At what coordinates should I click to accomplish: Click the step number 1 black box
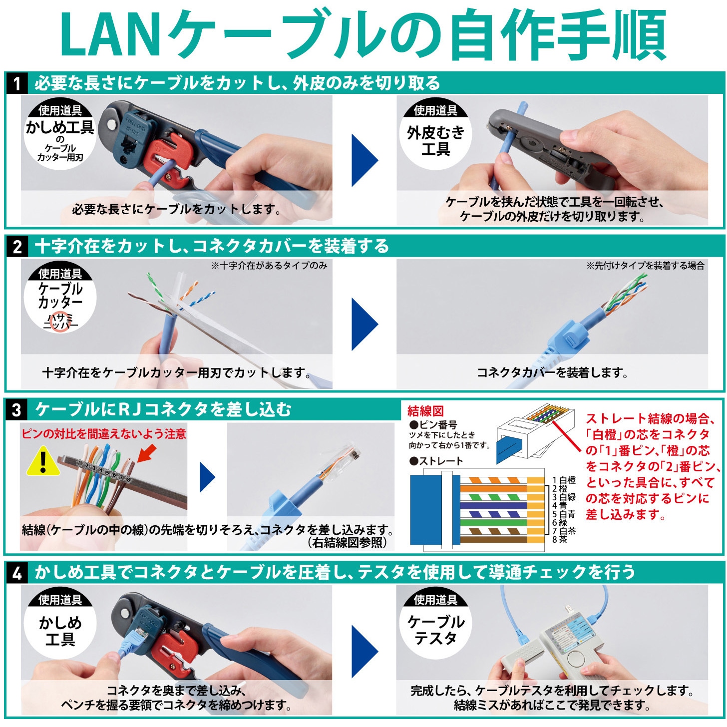click(x=17, y=83)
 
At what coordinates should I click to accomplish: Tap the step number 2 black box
click(x=17, y=247)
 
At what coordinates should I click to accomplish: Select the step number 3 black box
click(x=17, y=410)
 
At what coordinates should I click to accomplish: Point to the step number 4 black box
click(x=17, y=573)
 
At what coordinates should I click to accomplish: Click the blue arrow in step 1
click(x=364, y=160)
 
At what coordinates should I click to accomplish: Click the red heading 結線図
click(x=425, y=411)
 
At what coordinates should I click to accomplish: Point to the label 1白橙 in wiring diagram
click(x=564, y=480)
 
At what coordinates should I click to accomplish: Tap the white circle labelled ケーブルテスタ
click(x=435, y=625)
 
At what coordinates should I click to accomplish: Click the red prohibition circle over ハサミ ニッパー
click(x=60, y=323)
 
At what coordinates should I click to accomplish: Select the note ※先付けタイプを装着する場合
click(x=645, y=266)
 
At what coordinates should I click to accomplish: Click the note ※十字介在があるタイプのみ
click(x=269, y=266)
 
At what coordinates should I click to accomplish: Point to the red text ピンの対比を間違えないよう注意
click(x=104, y=433)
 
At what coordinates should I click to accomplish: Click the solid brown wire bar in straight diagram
click(x=493, y=540)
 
